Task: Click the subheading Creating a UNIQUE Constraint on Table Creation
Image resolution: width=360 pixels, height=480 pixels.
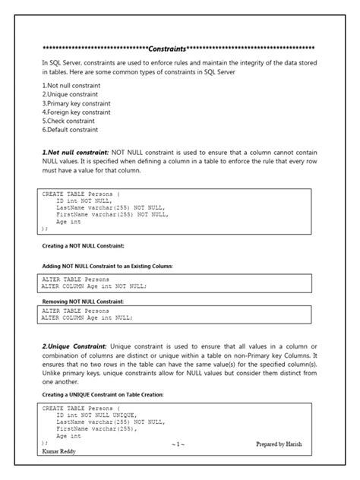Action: [x=103, y=395]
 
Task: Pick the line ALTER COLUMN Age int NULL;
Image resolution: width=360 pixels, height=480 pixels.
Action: [x=87, y=319]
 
